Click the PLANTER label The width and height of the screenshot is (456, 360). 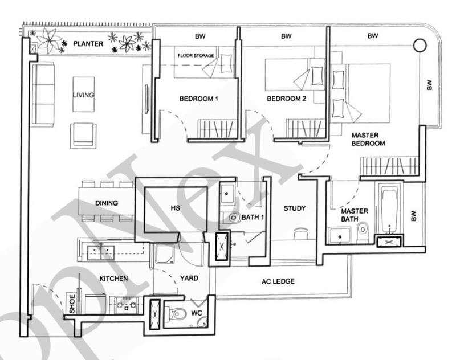tap(87, 43)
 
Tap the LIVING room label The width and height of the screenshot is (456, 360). tap(83, 95)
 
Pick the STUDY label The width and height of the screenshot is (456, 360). tap(295, 208)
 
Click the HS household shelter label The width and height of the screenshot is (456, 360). tap(175, 208)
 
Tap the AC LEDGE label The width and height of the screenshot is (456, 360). tap(278, 281)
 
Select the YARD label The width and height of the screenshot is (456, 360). tap(189, 279)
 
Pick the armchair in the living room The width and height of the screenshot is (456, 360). tap(83, 134)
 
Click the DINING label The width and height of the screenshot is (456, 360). tap(107, 203)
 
